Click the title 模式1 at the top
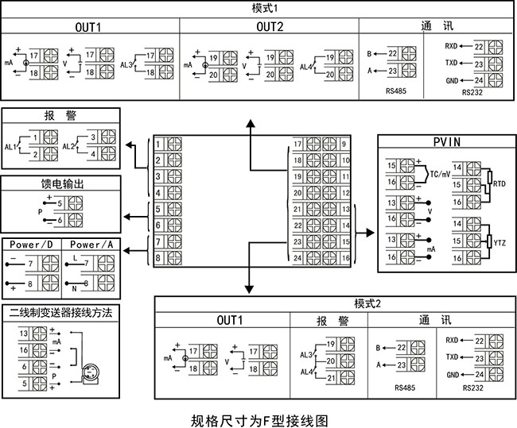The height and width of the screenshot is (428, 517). point(258,7)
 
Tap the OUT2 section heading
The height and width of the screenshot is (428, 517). point(270,26)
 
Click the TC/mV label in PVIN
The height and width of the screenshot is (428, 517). point(441,174)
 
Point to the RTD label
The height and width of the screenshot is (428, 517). point(500,183)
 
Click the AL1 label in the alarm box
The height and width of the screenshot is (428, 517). point(10,147)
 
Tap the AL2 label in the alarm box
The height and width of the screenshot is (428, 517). point(67,147)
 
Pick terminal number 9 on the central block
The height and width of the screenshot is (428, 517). point(344,144)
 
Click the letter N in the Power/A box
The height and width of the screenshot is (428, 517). point(74,283)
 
